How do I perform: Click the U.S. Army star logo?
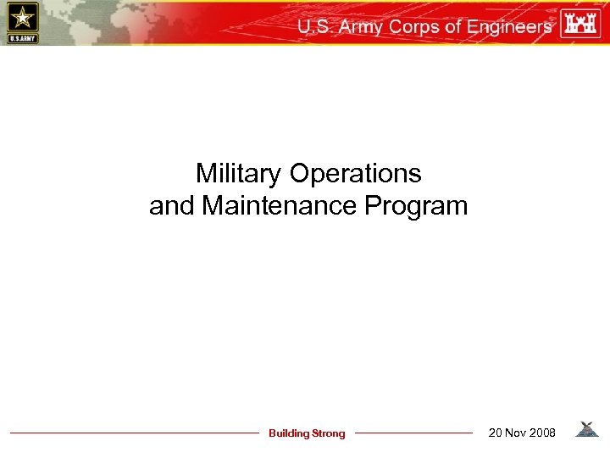(x=21, y=22)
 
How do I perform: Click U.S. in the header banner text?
(x=315, y=26)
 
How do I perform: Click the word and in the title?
(x=172, y=206)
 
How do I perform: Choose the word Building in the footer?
(x=289, y=433)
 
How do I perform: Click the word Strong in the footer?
(x=329, y=433)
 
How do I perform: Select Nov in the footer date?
(x=515, y=433)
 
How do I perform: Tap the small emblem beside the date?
(x=586, y=430)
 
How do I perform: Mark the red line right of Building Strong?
(x=413, y=433)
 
